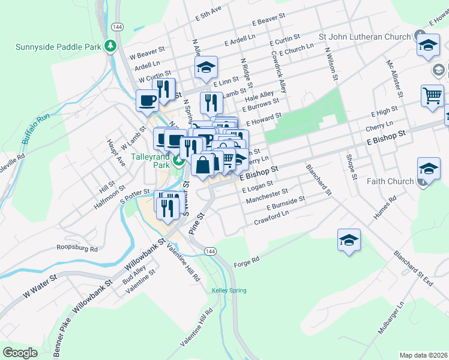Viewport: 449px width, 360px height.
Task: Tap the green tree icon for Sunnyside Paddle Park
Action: (x=110, y=46)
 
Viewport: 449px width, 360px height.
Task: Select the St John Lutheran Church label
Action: (x=364, y=36)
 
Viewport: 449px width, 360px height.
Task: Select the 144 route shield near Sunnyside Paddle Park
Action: (x=117, y=27)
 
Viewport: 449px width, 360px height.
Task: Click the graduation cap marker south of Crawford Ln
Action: (x=349, y=240)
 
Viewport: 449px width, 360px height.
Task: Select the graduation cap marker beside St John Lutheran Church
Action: (x=427, y=46)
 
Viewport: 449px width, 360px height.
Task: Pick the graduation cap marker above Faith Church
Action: (x=429, y=169)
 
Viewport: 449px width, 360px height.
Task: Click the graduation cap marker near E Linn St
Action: (x=205, y=67)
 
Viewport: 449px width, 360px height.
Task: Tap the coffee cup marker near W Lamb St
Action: (x=147, y=100)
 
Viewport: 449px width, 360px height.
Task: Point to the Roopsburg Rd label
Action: (x=77, y=247)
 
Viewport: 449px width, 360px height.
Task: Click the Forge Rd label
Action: (x=247, y=260)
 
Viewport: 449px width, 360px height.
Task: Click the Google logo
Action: (x=20, y=352)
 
